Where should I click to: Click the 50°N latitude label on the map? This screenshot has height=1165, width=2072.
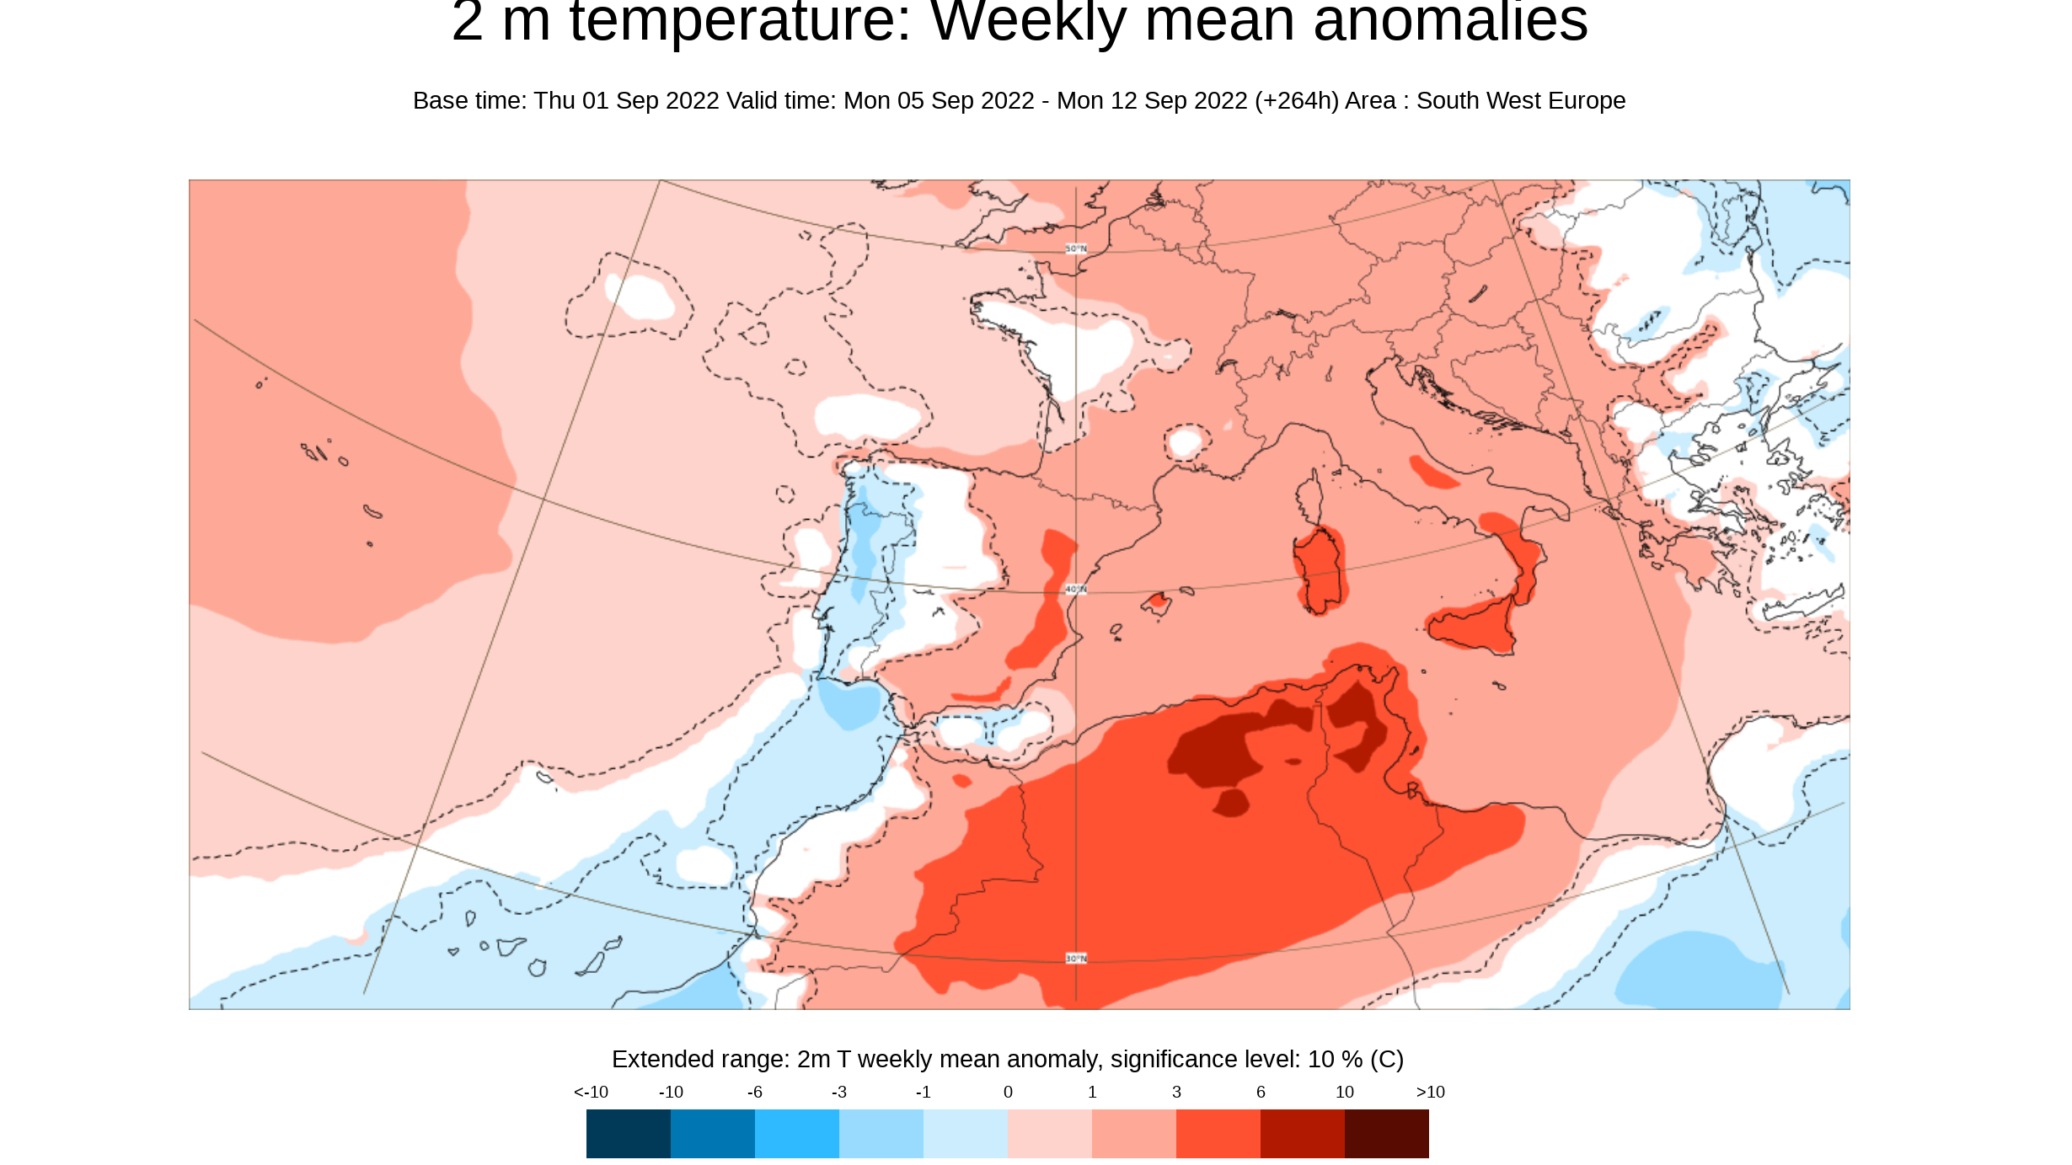[1076, 248]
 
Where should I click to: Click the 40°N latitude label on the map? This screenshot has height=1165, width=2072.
[1076, 590]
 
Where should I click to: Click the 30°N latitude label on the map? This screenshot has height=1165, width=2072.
[1076, 959]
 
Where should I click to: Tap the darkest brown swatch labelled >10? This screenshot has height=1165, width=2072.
[1386, 1133]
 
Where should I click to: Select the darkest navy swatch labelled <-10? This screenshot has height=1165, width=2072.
[628, 1133]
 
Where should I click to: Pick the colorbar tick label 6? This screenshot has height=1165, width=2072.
[1261, 1093]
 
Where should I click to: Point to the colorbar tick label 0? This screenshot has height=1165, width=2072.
[1008, 1093]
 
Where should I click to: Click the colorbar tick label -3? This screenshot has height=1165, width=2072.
[838, 1093]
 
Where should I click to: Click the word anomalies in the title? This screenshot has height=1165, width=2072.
[1450, 24]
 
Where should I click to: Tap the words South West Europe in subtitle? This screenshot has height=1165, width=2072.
[1520, 101]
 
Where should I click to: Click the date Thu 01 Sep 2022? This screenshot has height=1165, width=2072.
[626, 101]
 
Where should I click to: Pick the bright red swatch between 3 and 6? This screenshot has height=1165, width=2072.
[1218, 1133]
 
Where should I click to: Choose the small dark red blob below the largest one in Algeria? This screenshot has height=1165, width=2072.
[1232, 802]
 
